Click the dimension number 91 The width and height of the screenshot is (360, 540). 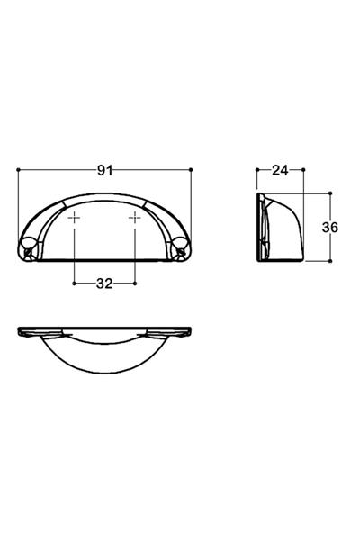105,168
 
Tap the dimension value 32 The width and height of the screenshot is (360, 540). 104,283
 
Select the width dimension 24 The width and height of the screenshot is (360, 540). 280,168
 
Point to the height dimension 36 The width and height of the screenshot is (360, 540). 329,228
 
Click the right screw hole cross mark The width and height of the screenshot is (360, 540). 136,219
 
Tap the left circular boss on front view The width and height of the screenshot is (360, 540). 28,244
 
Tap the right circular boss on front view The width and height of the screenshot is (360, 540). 182,244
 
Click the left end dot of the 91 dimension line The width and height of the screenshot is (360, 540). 19,168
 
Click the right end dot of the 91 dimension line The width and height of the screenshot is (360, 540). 192,168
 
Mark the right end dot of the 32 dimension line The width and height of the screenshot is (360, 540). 136,283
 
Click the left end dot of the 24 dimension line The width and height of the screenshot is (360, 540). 257,168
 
